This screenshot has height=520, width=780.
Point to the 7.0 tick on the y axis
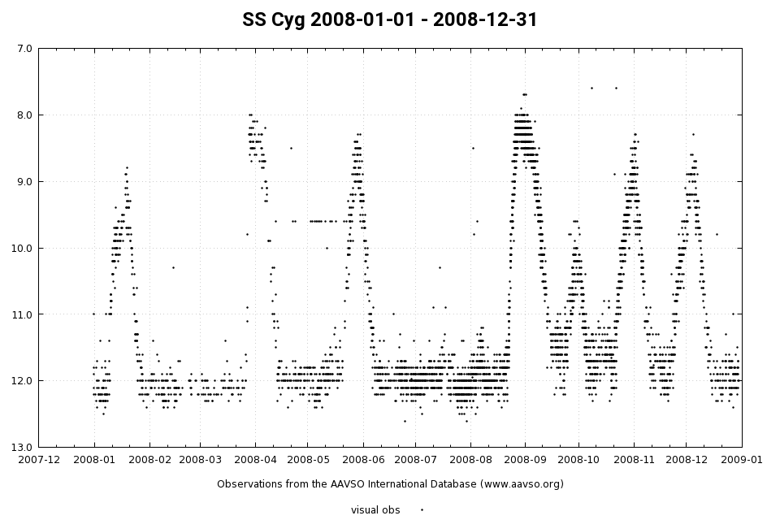coord(24,49)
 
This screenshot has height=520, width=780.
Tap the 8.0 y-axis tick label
coord(24,115)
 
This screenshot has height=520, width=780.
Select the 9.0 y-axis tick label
coord(24,181)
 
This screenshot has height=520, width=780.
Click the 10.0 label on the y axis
coord(21,248)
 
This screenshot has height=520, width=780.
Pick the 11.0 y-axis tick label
coord(21,314)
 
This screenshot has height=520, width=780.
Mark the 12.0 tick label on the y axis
coord(21,381)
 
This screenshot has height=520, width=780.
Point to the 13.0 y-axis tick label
coord(21,447)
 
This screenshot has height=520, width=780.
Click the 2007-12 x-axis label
coord(39,460)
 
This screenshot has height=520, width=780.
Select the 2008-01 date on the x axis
coord(94,460)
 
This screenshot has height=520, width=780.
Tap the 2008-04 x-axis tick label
coord(255,460)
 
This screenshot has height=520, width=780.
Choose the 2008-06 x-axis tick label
coord(363,460)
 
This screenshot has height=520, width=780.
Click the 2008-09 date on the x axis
coord(525,460)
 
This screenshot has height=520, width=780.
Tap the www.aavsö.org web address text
coord(519,484)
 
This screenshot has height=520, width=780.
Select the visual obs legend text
coord(375,510)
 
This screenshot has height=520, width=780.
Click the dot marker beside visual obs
coord(422,510)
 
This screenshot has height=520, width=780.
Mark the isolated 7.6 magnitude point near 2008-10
coord(591,88)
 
